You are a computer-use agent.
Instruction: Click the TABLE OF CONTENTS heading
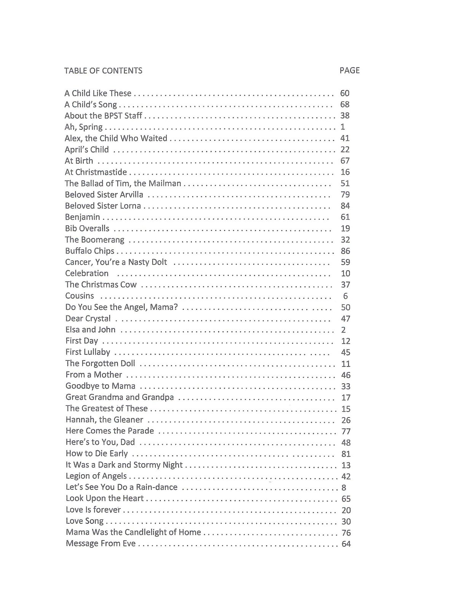click(103, 70)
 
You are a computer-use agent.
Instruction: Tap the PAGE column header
click(349, 70)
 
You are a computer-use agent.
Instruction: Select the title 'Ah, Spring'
click(83, 127)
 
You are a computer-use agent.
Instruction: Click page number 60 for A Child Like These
click(345, 93)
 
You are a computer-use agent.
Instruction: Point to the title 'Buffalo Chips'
click(89, 251)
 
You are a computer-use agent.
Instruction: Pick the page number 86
click(345, 251)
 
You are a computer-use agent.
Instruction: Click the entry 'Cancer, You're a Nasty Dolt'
click(116, 262)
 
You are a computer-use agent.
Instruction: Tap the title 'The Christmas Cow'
click(101, 285)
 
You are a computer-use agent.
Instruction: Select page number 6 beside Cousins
click(345, 296)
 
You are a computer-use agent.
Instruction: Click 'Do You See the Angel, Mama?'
click(121, 307)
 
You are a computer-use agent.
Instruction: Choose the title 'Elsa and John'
click(90, 330)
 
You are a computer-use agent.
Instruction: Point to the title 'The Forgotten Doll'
click(100, 363)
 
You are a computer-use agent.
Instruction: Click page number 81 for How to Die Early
click(346, 454)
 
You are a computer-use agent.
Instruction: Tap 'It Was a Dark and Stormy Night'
click(124, 465)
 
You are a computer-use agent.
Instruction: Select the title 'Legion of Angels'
click(96, 476)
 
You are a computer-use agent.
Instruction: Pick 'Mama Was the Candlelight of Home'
click(133, 532)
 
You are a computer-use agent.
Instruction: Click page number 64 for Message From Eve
click(346, 544)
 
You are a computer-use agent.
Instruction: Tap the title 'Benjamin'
click(83, 217)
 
